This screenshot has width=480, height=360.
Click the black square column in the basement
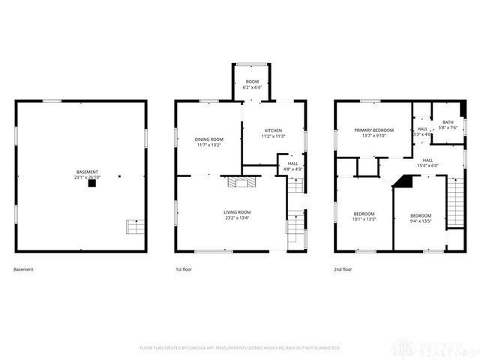pyautogui.click(x=91, y=183)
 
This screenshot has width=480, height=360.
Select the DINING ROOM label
pyautogui.click(x=209, y=139)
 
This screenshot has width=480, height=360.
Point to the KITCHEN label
pyautogui.click(x=272, y=130)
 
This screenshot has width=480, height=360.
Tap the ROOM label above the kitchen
pyautogui.click(x=250, y=82)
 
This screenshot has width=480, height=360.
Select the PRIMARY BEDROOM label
pyautogui.click(x=373, y=130)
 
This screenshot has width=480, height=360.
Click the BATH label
pyautogui.click(x=448, y=122)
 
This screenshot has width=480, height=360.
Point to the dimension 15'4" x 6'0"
pyautogui.click(x=427, y=166)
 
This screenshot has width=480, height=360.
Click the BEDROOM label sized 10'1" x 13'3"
pyautogui.click(x=364, y=213)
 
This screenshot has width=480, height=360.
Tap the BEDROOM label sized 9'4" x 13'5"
pyautogui.click(x=421, y=215)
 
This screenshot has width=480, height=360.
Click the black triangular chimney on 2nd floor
pyautogui.click(x=404, y=181)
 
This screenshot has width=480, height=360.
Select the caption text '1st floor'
pyautogui.click(x=183, y=269)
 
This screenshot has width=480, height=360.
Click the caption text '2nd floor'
pyautogui.click(x=343, y=269)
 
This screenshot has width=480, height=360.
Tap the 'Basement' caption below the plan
pyautogui.click(x=23, y=269)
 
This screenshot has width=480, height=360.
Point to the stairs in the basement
pyautogui.click(x=134, y=225)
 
